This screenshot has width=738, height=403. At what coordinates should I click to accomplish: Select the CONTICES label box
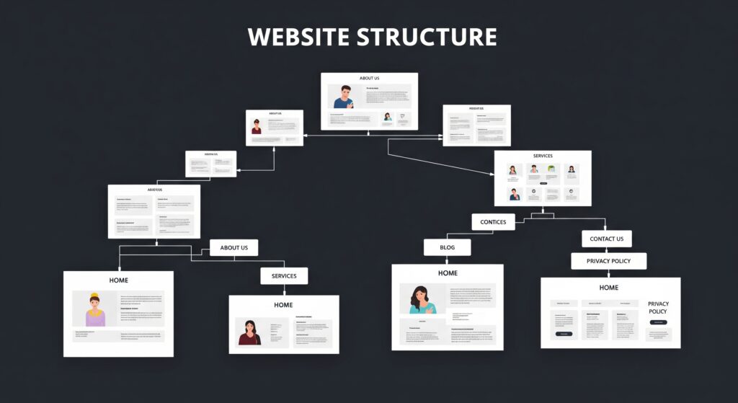(493, 222)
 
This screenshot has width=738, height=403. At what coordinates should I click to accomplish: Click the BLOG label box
(447, 247)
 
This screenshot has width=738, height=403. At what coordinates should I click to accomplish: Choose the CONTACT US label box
(606, 239)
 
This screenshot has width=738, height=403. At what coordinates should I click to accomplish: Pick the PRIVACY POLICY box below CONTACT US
(608, 261)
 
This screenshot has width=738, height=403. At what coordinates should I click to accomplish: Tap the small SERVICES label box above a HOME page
(284, 276)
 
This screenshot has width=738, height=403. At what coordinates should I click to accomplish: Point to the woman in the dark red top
(249, 332)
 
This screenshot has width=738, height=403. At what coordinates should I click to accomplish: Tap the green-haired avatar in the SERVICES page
(552, 170)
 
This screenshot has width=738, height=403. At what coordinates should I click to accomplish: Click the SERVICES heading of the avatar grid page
(543, 156)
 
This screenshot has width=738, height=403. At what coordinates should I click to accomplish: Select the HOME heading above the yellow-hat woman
(118, 280)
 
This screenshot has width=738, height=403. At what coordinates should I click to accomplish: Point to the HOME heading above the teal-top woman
(448, 273)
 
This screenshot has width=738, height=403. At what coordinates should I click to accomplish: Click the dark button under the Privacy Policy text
(658, 322)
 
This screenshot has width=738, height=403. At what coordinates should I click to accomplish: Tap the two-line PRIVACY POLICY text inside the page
(658, 308)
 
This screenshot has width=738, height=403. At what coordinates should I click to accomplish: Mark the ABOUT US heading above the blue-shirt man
(369, 78)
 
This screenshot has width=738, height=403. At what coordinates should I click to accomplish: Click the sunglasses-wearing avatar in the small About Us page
(257, 127)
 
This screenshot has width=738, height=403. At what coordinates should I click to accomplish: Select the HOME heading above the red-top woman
(283, 305)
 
